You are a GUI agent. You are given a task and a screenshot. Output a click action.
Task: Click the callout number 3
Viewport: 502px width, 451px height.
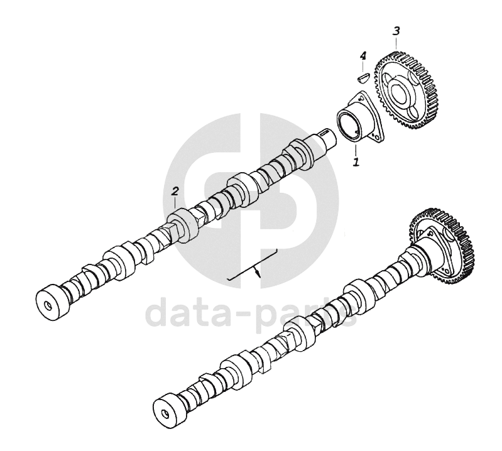coord(396,31)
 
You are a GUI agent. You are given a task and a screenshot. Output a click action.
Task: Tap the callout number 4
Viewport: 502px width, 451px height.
coord(363,57)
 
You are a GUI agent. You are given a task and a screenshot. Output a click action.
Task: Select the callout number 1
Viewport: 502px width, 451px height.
coord(356,161)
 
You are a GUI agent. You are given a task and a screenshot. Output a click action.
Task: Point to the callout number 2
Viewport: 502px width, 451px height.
coord(175,192)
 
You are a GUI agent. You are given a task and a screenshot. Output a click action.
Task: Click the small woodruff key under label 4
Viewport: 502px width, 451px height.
coord(363,77)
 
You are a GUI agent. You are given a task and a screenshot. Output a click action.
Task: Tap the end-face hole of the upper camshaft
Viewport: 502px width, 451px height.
coord(48,306)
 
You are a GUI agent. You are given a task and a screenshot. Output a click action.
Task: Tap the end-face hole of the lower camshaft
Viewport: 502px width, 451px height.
coord(166,413)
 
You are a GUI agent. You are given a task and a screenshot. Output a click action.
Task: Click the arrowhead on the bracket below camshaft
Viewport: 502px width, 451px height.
coord(258,273)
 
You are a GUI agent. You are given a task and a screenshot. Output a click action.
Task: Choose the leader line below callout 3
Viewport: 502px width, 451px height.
coord(397,43)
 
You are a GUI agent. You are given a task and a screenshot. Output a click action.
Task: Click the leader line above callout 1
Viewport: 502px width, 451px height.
coord(356,149)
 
